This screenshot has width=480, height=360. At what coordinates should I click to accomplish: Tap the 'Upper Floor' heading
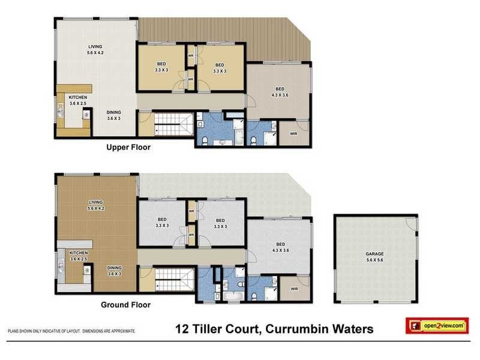pyautogui.click(x=128, y=147)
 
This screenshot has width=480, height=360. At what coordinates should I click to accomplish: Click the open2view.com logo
pyautogui.click(x=436, y=326)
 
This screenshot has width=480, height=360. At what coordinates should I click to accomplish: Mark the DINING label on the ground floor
pyautogui.click(x=114, y=271)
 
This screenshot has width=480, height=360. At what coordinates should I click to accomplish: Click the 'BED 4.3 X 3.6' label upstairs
pyautogui.click(x=280, y=92)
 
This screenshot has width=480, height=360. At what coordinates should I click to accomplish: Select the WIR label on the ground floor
pyautogui.click(x=294, y=289)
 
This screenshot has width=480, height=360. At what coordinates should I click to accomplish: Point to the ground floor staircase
pyautogui.click(x=174, y=280)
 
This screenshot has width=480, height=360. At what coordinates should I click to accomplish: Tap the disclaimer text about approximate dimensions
pyautogui.click(x=71, y=331)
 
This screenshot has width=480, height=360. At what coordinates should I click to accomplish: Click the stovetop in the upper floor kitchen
pyautogui.click(x=86, y=113)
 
